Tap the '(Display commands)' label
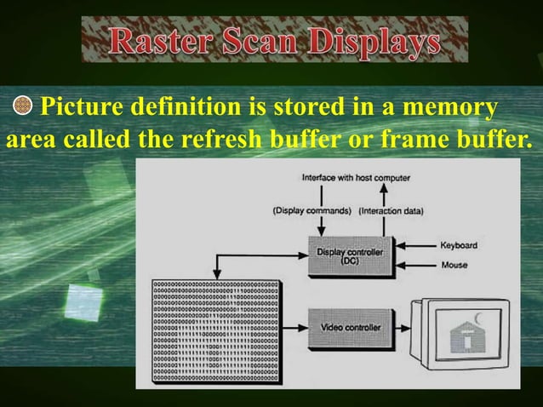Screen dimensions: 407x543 tap(312, 210)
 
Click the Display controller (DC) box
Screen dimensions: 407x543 tap(350, 256)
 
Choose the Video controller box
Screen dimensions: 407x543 tap(350, 327)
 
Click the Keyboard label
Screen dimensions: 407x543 tap(458, 246)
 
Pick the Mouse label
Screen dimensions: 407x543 tap(453, 265)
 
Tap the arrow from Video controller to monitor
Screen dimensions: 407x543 tap(401, 327)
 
